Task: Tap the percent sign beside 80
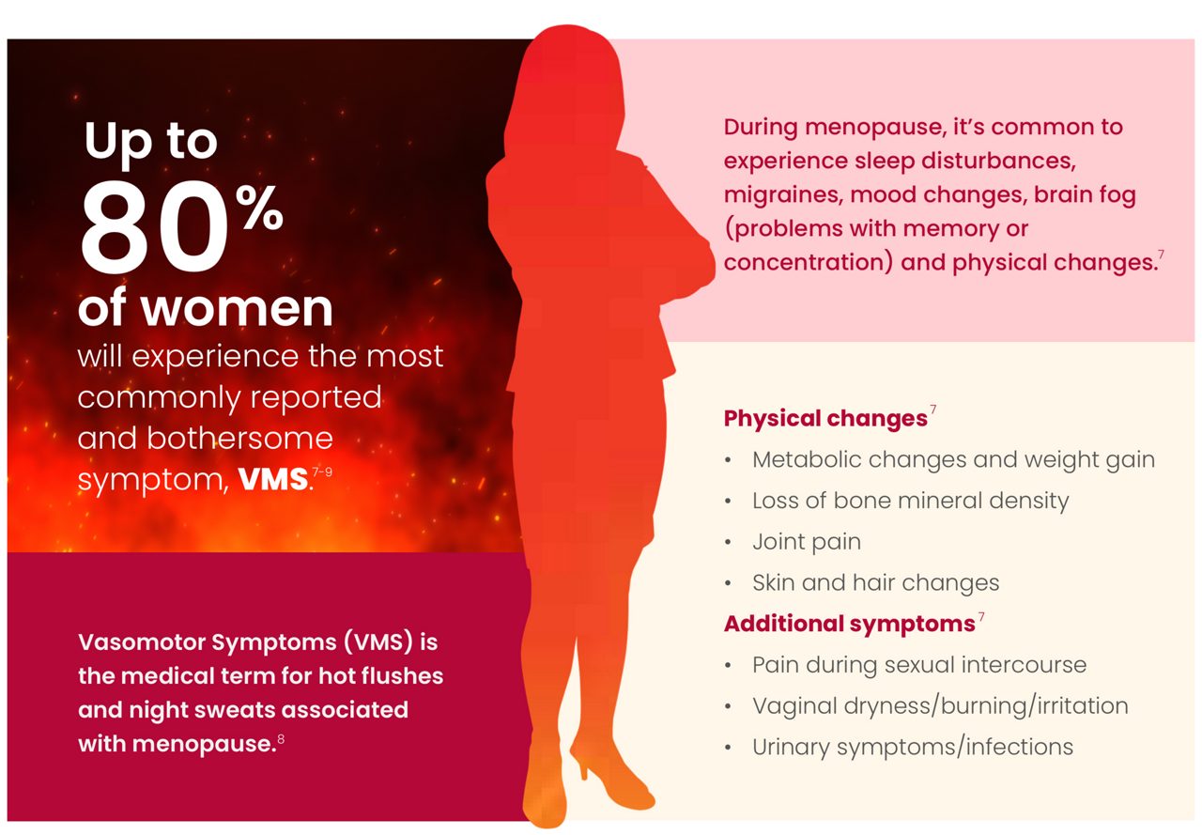(x=259, y=209)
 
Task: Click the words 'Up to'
(x=150, y=141)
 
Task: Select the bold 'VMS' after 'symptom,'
(x=273, y=480)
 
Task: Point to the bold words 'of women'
(x=205, y=307)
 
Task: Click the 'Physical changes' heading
(x=825, y=419)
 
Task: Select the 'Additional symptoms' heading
(x=849, y=624)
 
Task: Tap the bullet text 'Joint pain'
(x=806, y=542)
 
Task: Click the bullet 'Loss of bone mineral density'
(x=910, y=501)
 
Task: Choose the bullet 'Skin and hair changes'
(x=875, y=583)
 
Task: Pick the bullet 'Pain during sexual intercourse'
(x=918, y=665)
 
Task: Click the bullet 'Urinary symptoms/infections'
(x=912, y=748)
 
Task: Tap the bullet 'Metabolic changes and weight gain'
(x=953, y=460)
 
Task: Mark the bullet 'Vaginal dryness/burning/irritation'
(x=940, y=706)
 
